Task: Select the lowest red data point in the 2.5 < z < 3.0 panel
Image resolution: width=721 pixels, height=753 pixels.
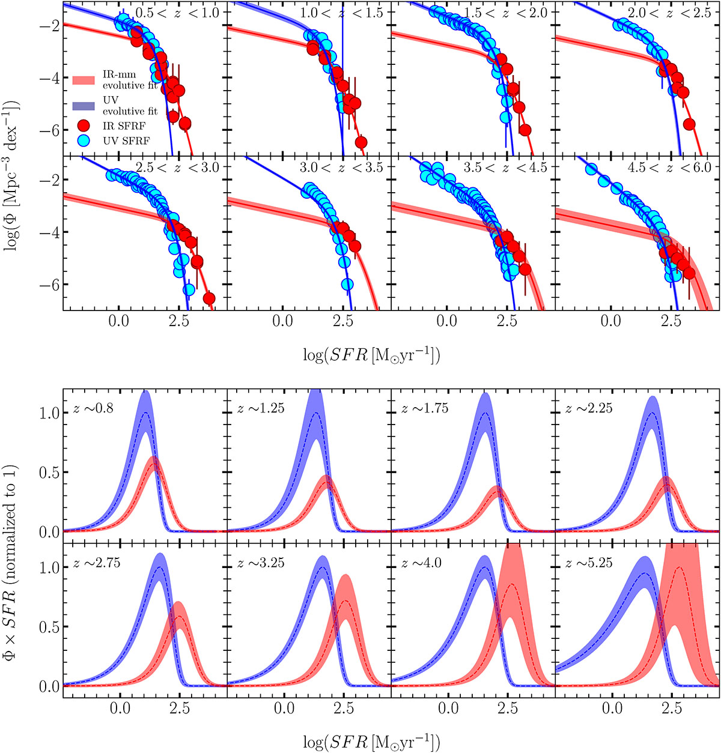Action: pyautogui.click(x=209, y=298)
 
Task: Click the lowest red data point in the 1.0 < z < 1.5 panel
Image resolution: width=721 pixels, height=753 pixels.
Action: pyautogui.click(x=361, y=142)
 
